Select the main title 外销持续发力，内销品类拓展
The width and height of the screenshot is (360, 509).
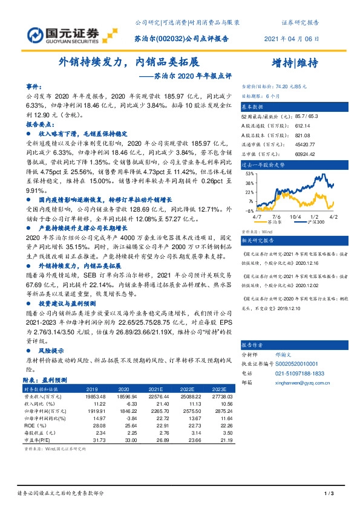coord(128,62)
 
